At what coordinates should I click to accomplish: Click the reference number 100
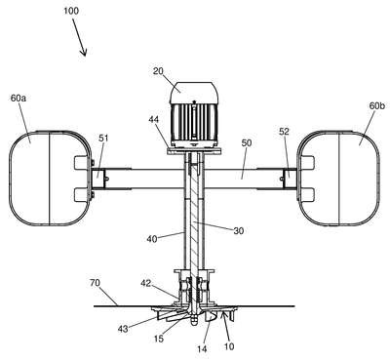pos(71,11)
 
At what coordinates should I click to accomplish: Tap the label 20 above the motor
pos(158,70)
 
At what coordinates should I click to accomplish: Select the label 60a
pos(19,98)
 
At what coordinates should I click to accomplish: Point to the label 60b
pos(377,105)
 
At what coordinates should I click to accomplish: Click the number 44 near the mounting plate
pos(154,120)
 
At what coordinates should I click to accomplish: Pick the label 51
pos(103,139)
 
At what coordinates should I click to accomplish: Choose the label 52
pos(284,132)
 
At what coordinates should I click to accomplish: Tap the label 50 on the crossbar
pos(247,143)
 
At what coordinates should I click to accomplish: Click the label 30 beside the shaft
pos(239,230)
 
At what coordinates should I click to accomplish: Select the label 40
pos(152,239)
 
